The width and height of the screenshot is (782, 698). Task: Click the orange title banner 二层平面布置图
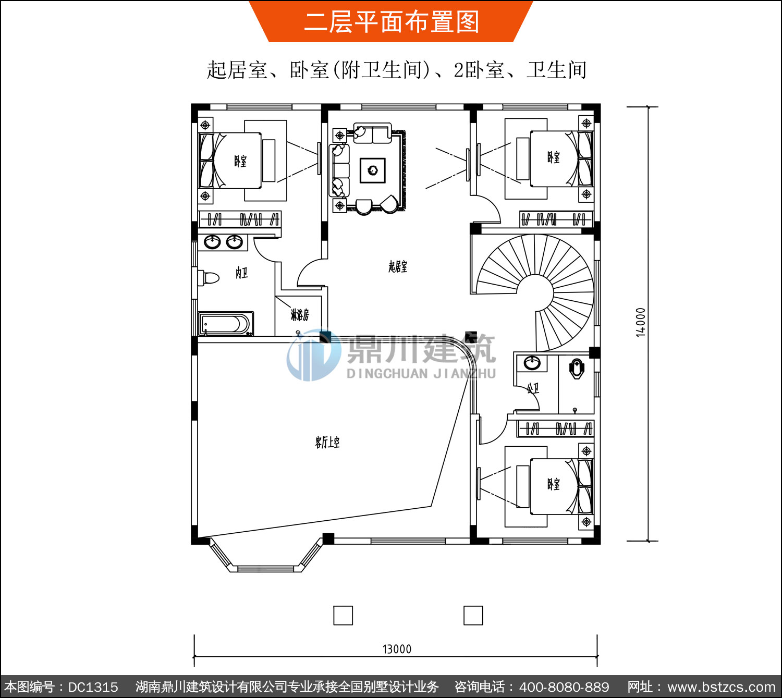[392, 21]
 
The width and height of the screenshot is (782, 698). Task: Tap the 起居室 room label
[398, 266]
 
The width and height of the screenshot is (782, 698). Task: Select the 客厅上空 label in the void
[327, 442]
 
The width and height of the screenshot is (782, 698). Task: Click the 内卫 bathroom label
[241, 273]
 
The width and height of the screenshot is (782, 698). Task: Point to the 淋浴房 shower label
[300, 315]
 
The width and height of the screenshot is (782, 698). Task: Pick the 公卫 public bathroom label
[533, 388]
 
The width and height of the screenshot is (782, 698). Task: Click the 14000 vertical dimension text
[640, 322]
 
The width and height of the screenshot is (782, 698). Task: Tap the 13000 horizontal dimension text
[397, 649]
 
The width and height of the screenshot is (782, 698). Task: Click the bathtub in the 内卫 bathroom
[226, 324]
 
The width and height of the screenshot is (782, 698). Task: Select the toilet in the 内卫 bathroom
[209, 277]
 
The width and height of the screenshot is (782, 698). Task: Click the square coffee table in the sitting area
[372, 170]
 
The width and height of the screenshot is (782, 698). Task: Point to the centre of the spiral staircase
[534, 293]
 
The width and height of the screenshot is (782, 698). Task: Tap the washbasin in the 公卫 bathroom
[532, 363]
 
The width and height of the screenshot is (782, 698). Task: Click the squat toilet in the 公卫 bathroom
[576, 369]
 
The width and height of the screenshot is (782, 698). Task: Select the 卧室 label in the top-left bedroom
[240, 161]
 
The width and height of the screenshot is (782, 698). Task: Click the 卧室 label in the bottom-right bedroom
[553, 484]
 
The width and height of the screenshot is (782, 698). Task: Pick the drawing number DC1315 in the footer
[93, 687]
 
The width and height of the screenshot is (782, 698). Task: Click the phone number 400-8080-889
[564, 687]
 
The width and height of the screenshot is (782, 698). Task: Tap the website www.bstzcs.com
[721, 687]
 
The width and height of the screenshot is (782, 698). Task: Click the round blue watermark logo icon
[313, 355]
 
